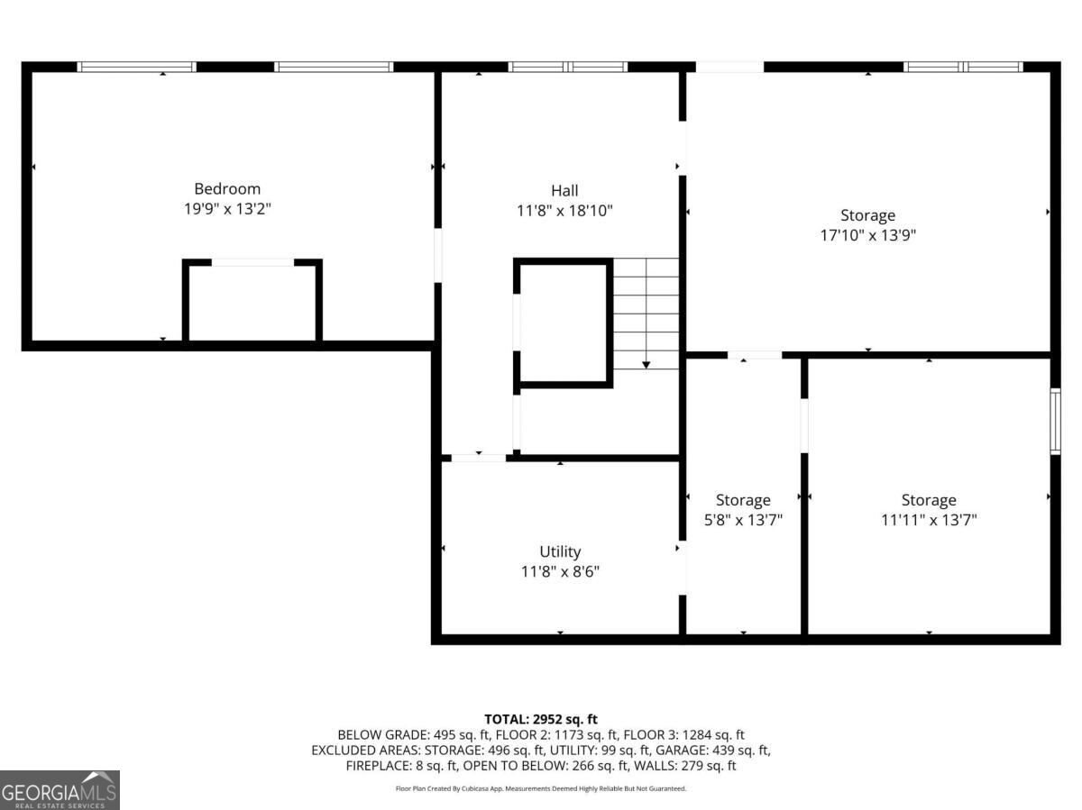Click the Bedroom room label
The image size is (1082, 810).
pos(227,189)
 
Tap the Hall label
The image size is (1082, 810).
pos(564,190)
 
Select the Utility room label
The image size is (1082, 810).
pos(560,551)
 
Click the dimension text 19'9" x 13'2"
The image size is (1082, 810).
pos(227,209)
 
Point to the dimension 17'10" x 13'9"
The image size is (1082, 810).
pos(867,235)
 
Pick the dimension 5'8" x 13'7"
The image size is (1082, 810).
pos(743,520)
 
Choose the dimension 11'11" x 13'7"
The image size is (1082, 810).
pos(929,520)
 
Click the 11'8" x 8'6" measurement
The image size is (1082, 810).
pos(560,571)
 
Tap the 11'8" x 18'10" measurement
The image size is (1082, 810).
pos(564,211)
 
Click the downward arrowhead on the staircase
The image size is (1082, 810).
pos(646,365)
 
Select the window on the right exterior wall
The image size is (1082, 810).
pos(1055,421)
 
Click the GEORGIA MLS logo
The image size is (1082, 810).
pos(60,790)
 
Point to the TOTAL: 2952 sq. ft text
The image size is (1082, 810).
pos(541,719)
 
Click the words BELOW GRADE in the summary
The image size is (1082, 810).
pos(383,734)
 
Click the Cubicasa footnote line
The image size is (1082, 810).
pos(541,788)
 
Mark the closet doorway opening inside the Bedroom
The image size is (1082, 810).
pos(252,262)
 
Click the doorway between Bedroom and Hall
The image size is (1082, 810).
pos(437,255)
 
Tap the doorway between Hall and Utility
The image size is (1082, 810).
pos(479,458)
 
